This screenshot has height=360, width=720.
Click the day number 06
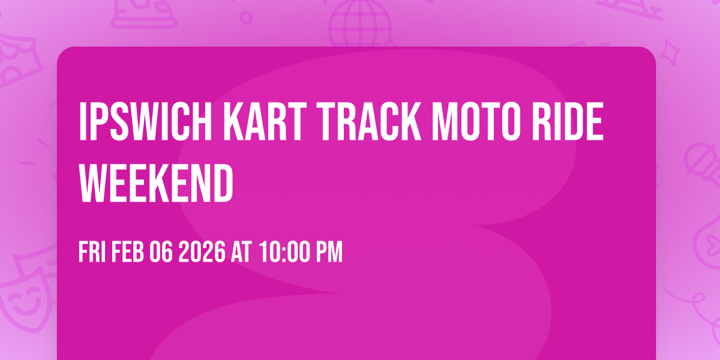pyautogui.click(x=161, y=252)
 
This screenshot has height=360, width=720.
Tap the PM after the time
pyautogui.click(x=329, y=252)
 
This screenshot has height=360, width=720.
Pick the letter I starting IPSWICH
pyautogui.click(x=83, y=122)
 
